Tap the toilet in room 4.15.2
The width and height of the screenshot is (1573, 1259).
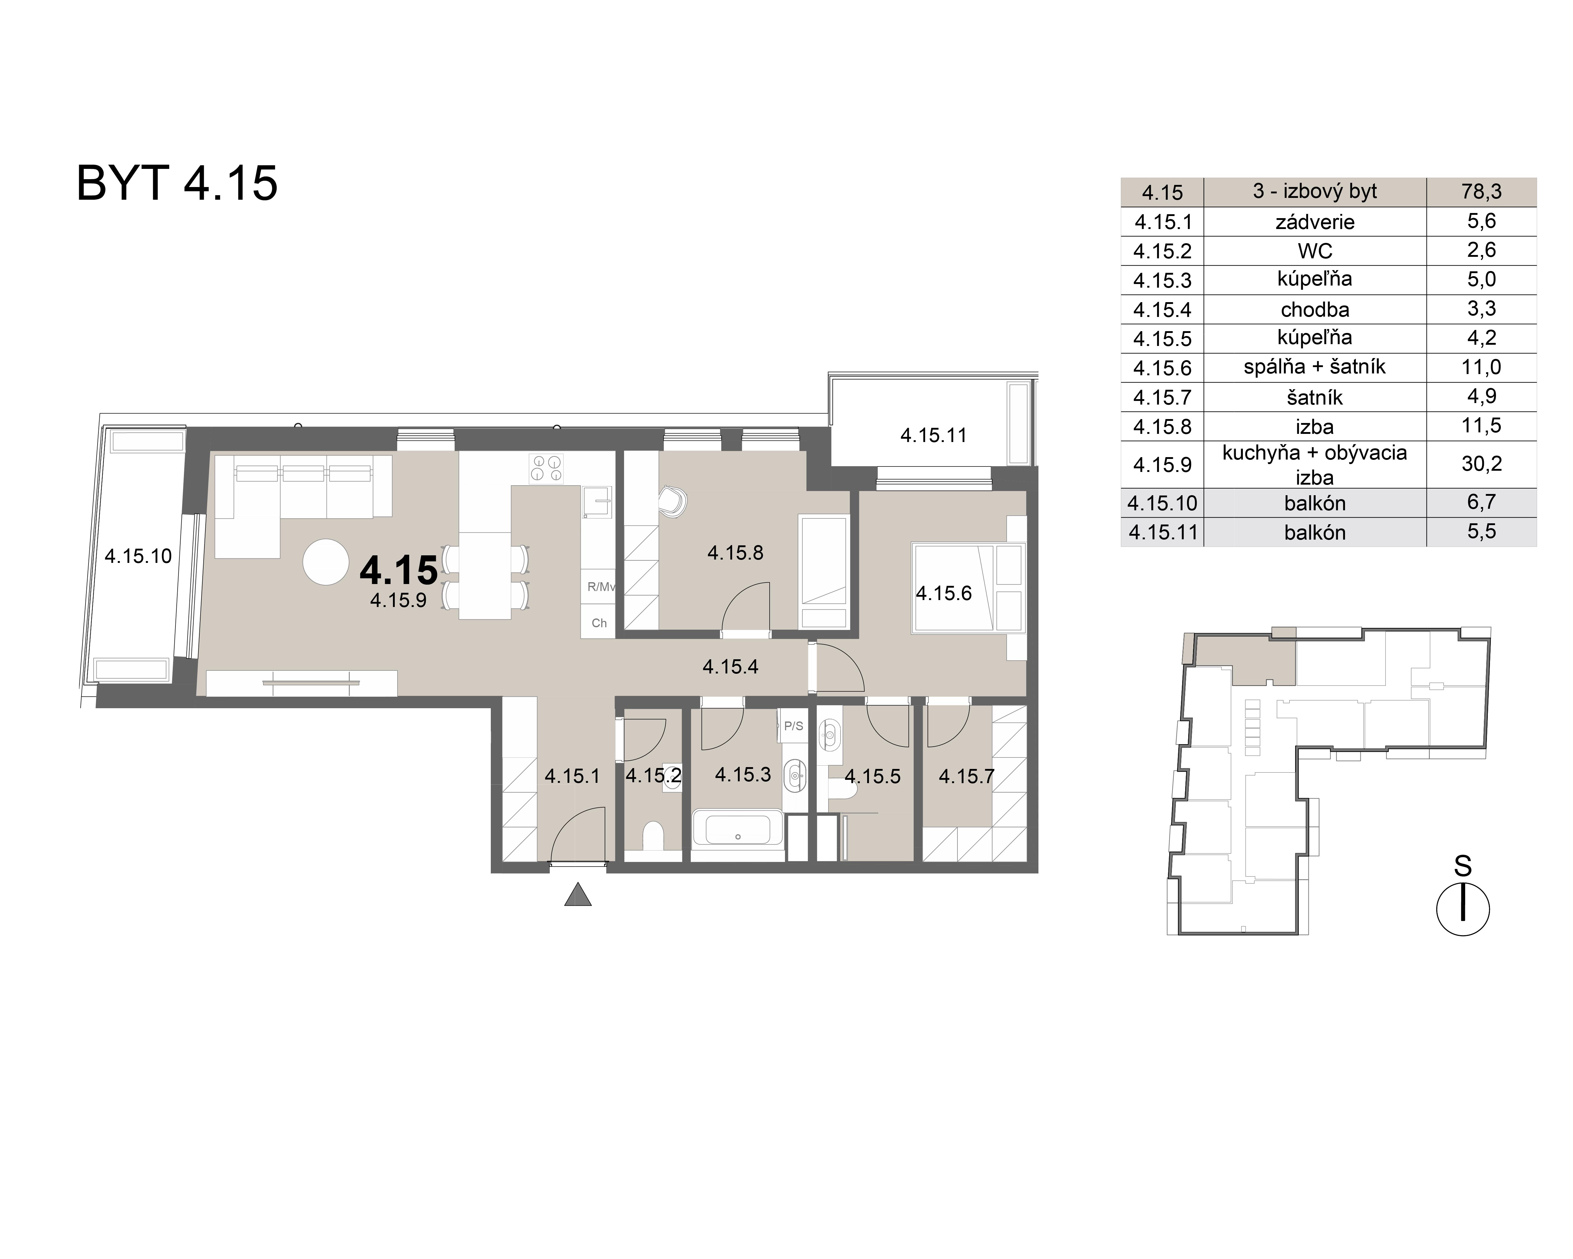pyautogui.click(x=653, y=836)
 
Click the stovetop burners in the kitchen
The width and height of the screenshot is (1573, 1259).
pyautogui.click(x=546, y=468)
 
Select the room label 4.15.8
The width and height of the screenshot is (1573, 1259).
pyautogui.click(x=735, y=553)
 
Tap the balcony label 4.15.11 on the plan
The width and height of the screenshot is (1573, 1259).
pyautogui.click(x=933, y=436)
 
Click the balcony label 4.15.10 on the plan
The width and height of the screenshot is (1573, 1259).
pyautogui.click(x=138, y=556)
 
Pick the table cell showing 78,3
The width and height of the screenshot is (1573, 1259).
pyautogui.click(x=1481, y=192)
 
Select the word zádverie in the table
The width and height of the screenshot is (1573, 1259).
pyautogui.click(x=1315, y=222)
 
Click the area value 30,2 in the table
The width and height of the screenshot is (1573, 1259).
pyautogui.click(x=1481, y=464)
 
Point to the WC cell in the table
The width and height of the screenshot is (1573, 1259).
pyautogui.click(x=1315, y=251)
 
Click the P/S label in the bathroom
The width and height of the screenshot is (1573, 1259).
pyautogui.click(x=793, y=726)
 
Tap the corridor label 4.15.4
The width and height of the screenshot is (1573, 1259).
pyautogui.click(x=730, y=666)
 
